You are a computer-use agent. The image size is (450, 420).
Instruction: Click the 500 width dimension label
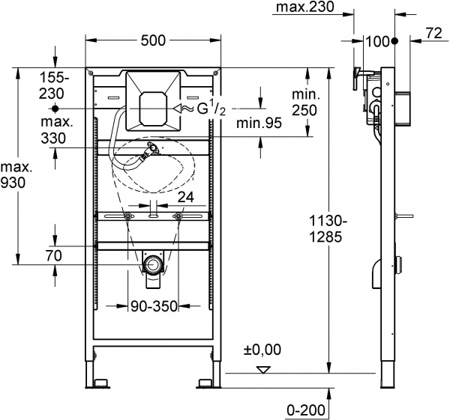(154, 42)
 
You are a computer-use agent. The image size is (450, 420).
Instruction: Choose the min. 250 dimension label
(305, 100)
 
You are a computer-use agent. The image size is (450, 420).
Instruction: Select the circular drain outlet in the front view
(154, 264)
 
